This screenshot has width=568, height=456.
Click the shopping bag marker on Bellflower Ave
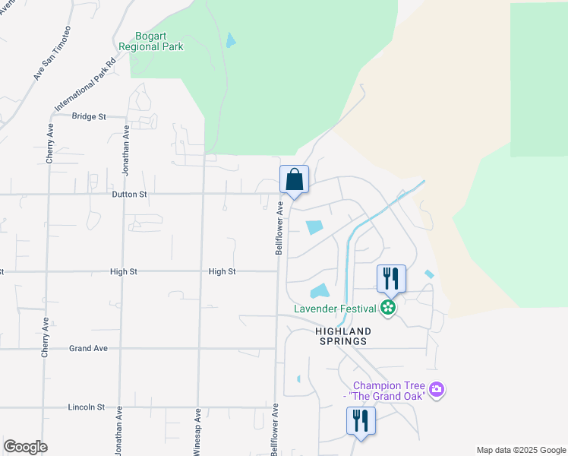click(295, 180)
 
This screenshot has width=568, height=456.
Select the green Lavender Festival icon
click(388, 308)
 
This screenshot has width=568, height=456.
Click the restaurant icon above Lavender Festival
click(392, 278)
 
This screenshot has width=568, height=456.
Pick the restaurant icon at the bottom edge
click(361, 421)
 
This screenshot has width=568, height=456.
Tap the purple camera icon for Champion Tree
click(436, 390)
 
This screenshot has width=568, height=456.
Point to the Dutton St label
click(128, 195)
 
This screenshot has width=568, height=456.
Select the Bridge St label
click(89, 116)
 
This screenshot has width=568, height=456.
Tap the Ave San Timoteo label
click(52, 53)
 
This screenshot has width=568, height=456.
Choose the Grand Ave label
click(88, 349)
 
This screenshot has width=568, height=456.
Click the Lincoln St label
click(86, 407)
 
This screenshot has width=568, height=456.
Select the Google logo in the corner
click(25, 447)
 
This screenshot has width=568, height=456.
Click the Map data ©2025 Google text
click(520, 450)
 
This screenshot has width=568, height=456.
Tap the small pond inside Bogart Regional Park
click(230, 41)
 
